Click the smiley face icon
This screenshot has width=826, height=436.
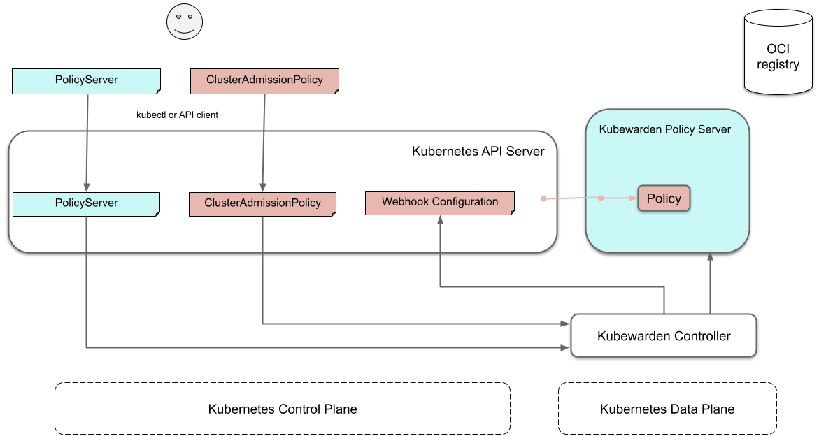[x=185, y=22]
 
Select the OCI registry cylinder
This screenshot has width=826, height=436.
[x=778, y=52]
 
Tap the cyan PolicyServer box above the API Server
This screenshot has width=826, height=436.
[x=87, y=80]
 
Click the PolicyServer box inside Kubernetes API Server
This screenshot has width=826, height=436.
[x=87, y=203]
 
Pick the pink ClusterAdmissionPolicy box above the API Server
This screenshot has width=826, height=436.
[x=264, y=80]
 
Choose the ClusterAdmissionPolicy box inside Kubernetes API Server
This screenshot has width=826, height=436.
[x=262, y=203]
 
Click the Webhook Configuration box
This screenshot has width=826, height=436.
[x=440, y=203]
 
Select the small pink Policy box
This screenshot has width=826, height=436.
[x=664, y=198]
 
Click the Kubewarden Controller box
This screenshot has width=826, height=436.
[x=664, y=336]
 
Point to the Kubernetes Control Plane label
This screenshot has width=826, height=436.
[x=283, y=409]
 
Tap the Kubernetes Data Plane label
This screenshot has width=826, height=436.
[x=667, y=409]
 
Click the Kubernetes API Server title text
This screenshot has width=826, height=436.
[x=478, y=151]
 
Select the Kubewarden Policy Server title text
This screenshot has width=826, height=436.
[x=664, y=129]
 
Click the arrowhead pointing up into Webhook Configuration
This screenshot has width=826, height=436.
[x=440, y=219]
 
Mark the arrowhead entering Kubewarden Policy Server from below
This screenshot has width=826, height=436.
[x=710, y=257]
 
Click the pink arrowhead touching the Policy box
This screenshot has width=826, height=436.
[x=633, y=198]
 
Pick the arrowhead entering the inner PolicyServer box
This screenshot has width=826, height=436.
[x=86, y=187]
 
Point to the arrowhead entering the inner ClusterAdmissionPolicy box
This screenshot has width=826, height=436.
[x=262, y=187]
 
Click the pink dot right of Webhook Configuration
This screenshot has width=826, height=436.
[x=543, y=199]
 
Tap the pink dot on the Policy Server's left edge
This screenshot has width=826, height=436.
[x=600, y=198]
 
